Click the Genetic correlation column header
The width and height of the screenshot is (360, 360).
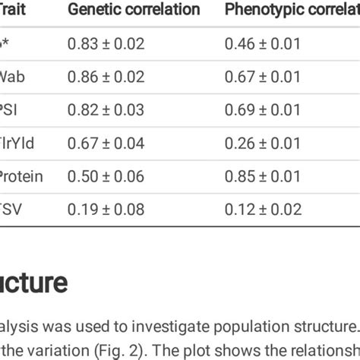coord(134,10)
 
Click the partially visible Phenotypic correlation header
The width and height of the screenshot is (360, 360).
coord(292,10)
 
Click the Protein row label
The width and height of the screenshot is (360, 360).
coord(21,177)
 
